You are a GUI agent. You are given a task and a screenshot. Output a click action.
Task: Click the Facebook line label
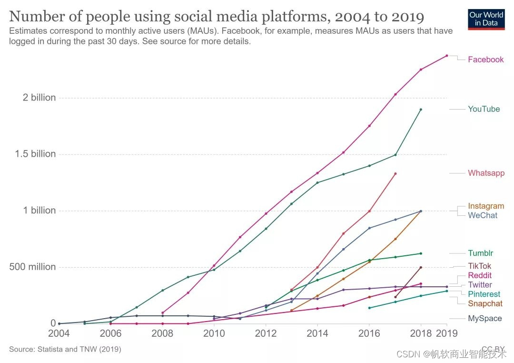[485, 60]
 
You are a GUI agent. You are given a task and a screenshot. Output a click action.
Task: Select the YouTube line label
[484, 109]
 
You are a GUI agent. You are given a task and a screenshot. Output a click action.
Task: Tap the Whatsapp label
[486, 173]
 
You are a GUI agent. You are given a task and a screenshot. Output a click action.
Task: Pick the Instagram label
[485, 206]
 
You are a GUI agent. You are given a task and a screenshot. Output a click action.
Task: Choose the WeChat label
[482, 215]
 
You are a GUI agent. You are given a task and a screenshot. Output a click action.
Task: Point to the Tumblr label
[480, 253]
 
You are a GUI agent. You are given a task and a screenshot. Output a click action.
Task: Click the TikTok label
[479, 266]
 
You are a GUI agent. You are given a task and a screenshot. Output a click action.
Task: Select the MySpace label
[484, 319]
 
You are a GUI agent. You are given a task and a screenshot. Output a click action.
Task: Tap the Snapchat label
[485, 304]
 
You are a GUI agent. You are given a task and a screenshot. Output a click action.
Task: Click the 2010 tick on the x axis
[214, 333]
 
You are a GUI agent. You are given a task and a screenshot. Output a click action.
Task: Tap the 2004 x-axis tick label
[59, 333]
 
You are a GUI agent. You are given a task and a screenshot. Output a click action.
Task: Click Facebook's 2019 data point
[446, 56]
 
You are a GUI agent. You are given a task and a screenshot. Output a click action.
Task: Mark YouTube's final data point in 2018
[421, 110]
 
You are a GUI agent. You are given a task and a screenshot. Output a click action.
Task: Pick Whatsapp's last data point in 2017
[395, 173]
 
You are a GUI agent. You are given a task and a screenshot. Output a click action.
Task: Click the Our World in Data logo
[486, 19]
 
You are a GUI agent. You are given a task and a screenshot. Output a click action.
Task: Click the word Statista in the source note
[49, 349]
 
